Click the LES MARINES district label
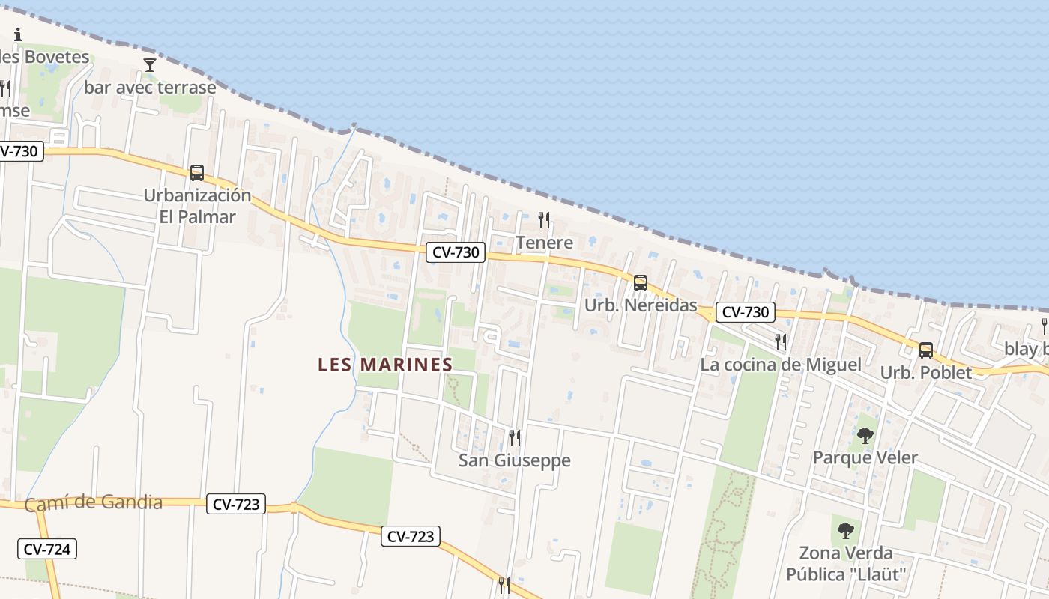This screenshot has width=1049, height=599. (x=385, y=365)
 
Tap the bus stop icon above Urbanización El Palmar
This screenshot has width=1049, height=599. (x=197, y=173)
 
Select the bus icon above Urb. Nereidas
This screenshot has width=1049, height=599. (x=641, y=283)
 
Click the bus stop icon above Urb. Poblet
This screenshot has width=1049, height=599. (x=926, y=350)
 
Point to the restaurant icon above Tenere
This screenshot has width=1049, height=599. (x=544, y=220)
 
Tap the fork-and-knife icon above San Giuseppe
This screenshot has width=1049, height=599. (x=515, y=437)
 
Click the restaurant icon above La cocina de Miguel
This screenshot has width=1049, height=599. (x=781, y=342)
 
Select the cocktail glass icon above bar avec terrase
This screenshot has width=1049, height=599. (x=150, y=65)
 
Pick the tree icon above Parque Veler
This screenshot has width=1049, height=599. (x=865, y=435)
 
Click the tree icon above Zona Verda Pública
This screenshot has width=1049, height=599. (x=846, y=531)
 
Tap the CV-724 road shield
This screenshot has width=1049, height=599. (x=47, y=549)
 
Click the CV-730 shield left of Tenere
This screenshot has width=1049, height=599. (x=456, y=252)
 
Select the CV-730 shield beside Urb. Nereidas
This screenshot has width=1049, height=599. (x=745, y=312)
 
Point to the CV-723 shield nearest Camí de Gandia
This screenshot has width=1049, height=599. (x=236, y=505)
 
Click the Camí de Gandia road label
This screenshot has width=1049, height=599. (x=94, y=503)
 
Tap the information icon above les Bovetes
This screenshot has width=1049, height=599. (x=18, y=34)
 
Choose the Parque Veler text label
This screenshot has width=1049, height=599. (x=865, y=457)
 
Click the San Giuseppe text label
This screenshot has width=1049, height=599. (x=515, y=460)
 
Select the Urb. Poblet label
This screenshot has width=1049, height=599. (x=926, y=372)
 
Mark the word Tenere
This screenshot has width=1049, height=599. (x=545, y=243)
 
